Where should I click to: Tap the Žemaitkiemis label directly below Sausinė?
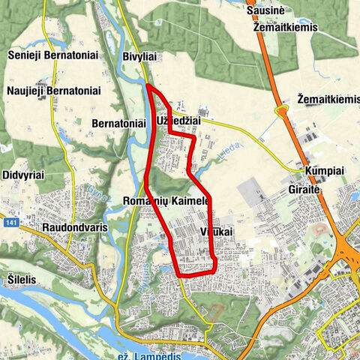(277, 27)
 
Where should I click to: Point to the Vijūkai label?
(217, 232)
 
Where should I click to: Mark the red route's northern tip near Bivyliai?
(148, 86)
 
